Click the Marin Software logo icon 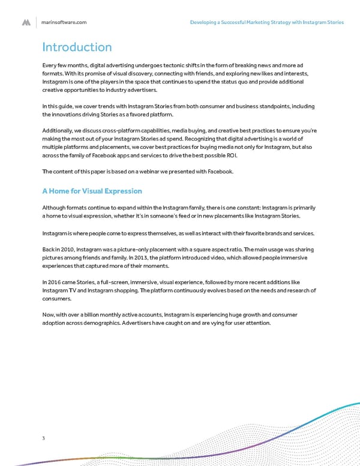pyautogui.click(x=26, y=22)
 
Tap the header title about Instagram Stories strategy pyautogui.click(x=266, y=22)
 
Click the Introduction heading pyautogui.click(x=76, y=47)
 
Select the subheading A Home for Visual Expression pyautogui.click(x=92, y=191)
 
